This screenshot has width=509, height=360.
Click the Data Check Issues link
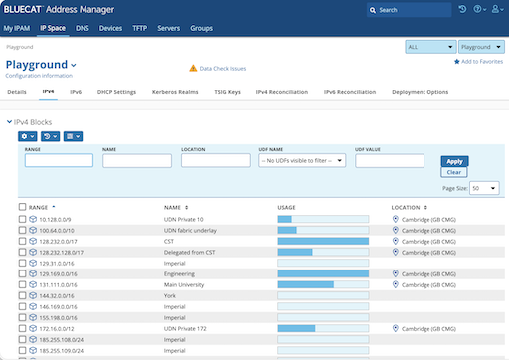[x=223, y=68]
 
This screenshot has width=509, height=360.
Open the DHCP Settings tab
[x=116, y=91]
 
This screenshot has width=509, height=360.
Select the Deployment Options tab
[x=422, y=91]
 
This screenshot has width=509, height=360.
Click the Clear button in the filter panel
[x=454, y=172]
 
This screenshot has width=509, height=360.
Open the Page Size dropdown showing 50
[x=484, y=187]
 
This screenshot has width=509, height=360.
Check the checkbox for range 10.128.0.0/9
[x=23, y=219]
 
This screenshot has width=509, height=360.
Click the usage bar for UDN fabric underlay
[x=322, y=230]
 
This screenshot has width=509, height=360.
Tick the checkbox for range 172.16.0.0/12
[x=23, y=328]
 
